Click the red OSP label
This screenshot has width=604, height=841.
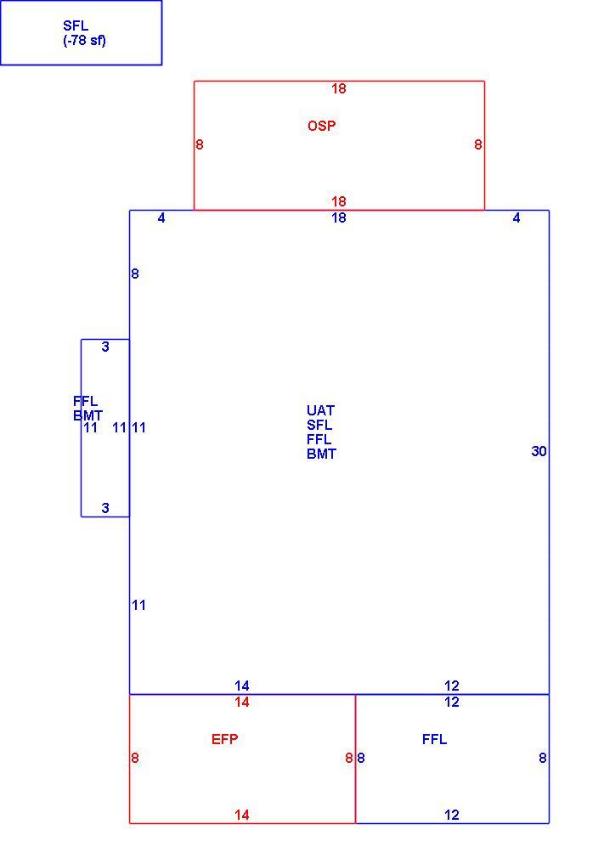pos(322,126)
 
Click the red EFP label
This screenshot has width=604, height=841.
pos(225,740)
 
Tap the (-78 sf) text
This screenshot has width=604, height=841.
pos(85,41)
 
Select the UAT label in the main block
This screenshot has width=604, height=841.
pos(321,411)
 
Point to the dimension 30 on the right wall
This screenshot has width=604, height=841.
pos(539,452)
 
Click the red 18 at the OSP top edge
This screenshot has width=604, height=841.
pos(338,89)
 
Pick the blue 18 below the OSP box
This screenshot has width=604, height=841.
pos(338,217)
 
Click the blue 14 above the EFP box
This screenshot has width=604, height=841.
pos(242,686)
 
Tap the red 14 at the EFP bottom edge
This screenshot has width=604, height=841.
pos(242,816)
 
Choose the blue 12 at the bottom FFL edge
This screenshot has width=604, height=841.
pos(452,816)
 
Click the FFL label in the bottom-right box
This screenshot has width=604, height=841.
pos(434,740)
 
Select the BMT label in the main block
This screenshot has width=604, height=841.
pos(321,454)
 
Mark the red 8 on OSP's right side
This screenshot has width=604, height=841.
pos(478,144)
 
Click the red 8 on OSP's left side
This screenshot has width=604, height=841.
pos(200,144)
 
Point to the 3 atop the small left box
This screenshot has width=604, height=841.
pos(105,347)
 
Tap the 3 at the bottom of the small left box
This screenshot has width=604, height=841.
pos(105,508)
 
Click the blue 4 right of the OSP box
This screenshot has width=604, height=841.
pos(516,217)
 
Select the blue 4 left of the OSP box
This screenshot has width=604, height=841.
pos(161,217)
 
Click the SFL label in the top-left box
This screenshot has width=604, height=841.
pos(76,25)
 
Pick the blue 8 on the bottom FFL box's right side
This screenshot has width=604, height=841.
pos(543,759)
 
